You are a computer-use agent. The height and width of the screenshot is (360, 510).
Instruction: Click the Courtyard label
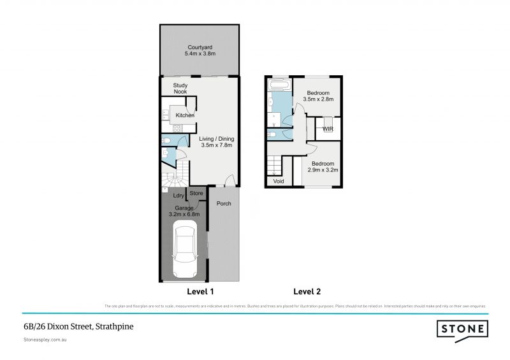tap(199, 47)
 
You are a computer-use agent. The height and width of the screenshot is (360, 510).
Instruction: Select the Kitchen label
tap(185, 115)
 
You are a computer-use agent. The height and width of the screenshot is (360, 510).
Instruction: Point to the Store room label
tap(196, 193)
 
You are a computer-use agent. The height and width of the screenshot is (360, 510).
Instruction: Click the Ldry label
tap(178, 196)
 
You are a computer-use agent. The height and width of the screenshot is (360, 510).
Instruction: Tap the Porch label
tap(224, 204)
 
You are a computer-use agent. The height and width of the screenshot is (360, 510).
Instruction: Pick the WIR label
tap(328, 129)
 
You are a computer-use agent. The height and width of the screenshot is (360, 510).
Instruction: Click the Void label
tap(279, 182)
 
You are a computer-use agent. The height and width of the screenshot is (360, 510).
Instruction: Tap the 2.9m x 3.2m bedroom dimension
tap(323, 171)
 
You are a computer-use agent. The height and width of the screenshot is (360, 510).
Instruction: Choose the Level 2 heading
tap(307, 292)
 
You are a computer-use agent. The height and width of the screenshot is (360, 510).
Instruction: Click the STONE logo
tap(463, 329)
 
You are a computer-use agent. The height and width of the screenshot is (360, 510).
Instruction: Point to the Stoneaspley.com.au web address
tap(45, 340)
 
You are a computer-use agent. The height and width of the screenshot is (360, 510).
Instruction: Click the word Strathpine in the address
tap(115, 327)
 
